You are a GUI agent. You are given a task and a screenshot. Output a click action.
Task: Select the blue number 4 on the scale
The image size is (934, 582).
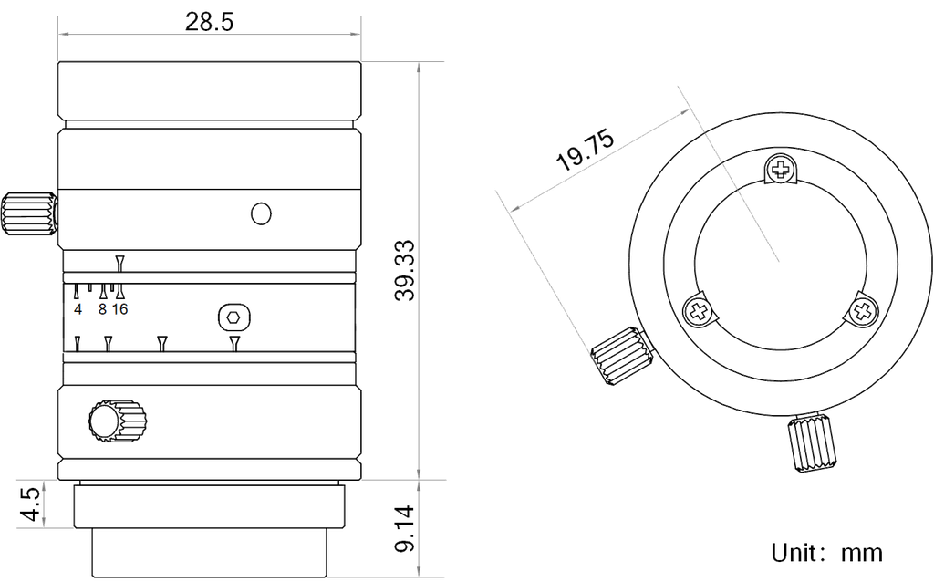coord(78,309)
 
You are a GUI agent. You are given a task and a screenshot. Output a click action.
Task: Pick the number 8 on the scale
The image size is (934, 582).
coord(102,309)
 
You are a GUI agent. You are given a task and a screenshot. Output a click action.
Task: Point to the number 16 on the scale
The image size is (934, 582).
coord(121,309)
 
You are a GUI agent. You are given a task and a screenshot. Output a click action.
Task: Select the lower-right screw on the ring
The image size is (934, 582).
coord(860,310)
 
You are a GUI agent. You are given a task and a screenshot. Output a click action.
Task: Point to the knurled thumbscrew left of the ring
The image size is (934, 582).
coord(619,355)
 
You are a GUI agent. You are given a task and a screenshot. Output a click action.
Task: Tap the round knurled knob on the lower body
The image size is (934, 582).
coord(115,419)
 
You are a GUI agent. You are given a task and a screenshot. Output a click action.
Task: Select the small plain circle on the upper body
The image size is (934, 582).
coord(262,213)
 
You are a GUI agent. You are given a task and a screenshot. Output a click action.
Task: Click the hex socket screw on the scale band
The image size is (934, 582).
coord(233,317)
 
